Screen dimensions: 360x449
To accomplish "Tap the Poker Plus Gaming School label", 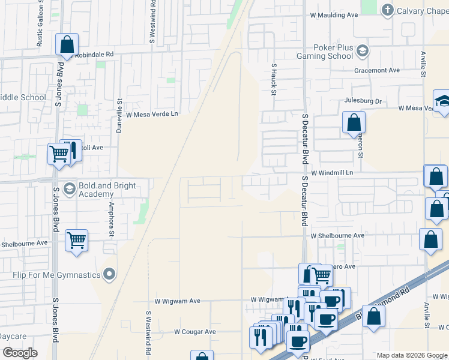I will click(x=325, y=52).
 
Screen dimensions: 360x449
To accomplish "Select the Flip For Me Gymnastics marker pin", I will click(x=109, y=274).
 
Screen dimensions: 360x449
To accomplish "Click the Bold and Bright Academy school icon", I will click(x=69, y=189).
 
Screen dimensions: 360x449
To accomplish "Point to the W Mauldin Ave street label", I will click(x=334, y=15).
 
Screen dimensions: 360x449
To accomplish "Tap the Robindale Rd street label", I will click(x=95, y=54).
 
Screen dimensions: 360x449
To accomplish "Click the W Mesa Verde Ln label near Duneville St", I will click(x=152, y=113).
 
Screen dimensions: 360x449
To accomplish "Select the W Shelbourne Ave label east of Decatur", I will click(x=337, y=236).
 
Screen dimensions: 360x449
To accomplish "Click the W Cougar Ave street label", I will click(x=194, y=331).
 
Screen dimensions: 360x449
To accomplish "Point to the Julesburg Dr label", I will click(x=363, y=101).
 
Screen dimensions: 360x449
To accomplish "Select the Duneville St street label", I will click(x=119, y=116).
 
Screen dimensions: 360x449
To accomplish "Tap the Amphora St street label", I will click(x=111, y=218).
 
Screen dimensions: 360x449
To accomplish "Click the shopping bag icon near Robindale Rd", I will click(x=67, y=44).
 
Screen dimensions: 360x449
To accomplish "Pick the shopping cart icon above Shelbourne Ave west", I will click(x=76, y=241).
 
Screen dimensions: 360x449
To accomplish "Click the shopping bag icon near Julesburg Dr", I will click(x=354, y=122).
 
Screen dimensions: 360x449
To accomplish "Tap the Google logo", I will click(x=20, y=353).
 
